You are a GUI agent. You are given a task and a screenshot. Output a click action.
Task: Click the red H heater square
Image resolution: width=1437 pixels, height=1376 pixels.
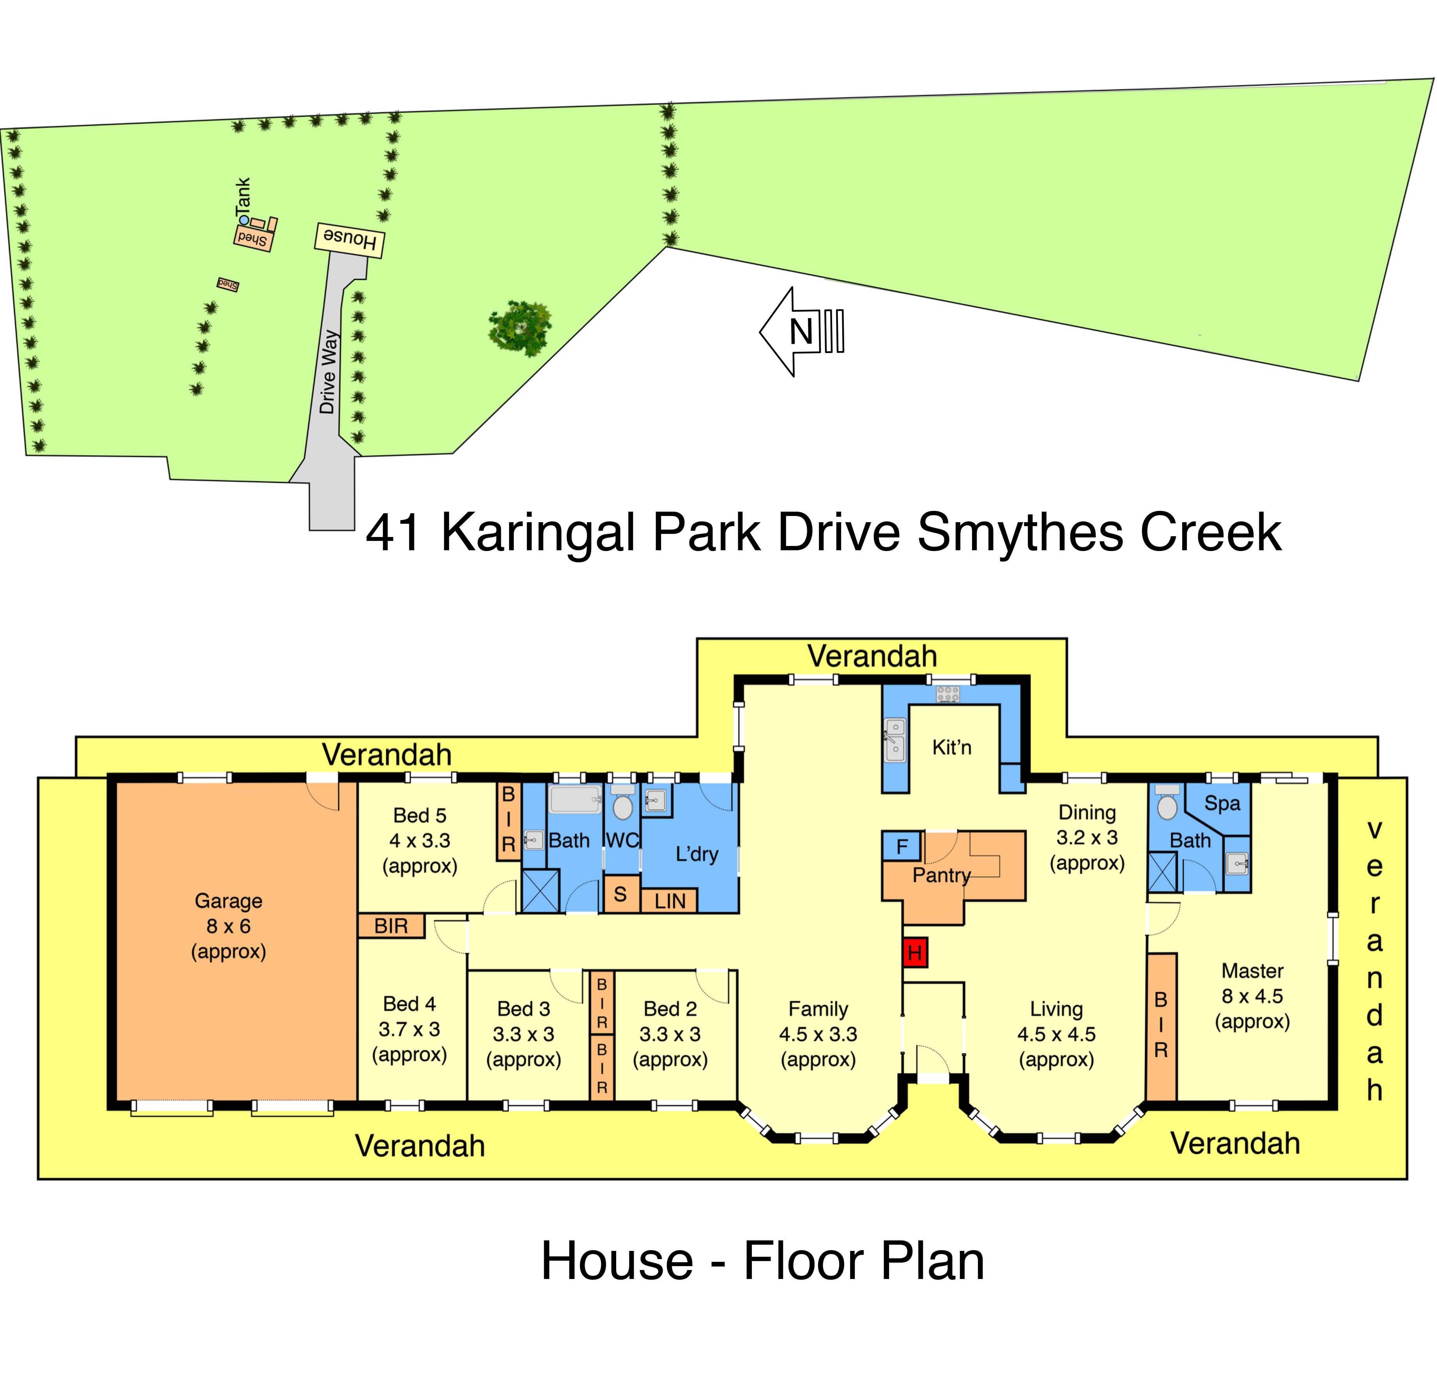pos(915,952)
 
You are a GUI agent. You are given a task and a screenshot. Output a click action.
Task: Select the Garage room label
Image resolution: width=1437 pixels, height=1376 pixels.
pos(228,901)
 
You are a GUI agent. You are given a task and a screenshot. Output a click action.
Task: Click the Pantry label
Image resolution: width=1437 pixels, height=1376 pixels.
pos(941,875)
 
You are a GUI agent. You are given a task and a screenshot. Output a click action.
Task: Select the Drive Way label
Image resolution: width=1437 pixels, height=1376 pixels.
pos(329,372)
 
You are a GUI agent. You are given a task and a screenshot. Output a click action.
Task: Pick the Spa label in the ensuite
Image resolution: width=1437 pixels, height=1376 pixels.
pos(1222,804)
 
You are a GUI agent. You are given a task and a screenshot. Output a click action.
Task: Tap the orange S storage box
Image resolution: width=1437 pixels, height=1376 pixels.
pos(620,894)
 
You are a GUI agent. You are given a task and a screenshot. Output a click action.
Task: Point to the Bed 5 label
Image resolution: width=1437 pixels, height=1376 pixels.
pos(419,815)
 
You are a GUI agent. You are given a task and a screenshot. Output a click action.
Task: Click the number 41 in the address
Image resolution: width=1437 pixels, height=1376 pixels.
pos(394,533)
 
